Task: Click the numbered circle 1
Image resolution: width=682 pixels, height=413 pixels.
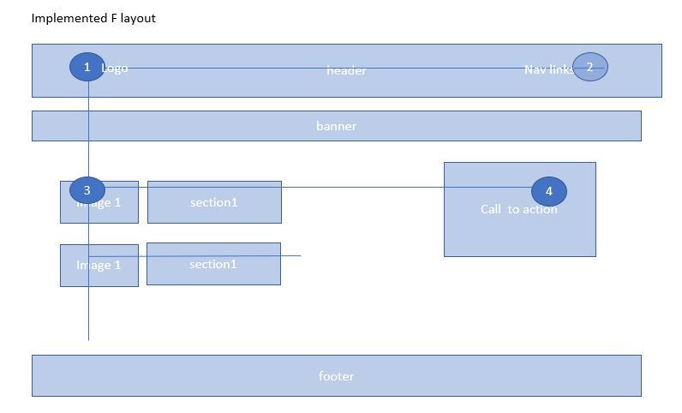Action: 87,67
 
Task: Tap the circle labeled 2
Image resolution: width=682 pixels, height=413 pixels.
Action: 589,67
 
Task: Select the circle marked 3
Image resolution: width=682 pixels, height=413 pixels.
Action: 87,190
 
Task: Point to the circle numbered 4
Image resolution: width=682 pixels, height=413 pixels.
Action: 548,192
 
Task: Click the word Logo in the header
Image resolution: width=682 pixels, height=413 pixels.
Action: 115,68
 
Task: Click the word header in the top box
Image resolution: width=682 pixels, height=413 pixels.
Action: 346,70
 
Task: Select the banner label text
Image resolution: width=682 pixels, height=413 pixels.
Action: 336,126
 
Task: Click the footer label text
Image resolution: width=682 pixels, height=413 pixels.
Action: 336,376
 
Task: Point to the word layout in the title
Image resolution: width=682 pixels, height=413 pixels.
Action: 138,18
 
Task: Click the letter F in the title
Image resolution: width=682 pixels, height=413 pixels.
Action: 114,18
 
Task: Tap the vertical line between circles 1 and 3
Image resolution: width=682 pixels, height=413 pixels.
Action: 88,129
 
